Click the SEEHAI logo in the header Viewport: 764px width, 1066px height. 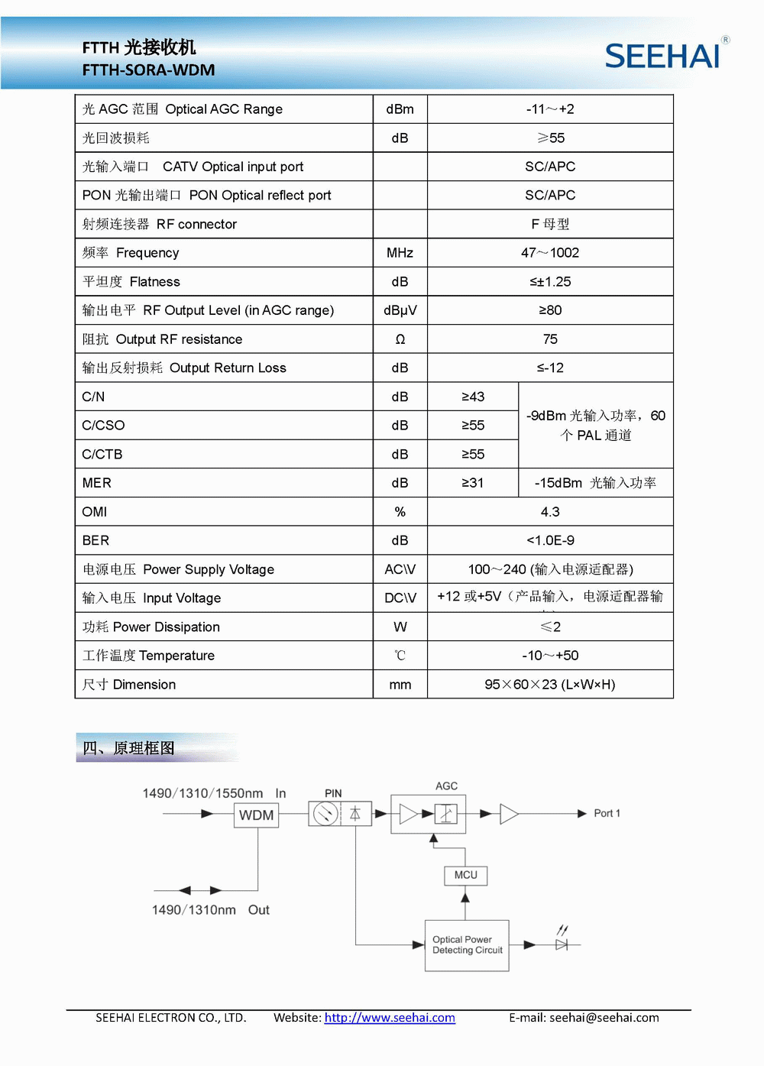pos(662,56)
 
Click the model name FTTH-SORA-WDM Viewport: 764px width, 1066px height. pos(148,70)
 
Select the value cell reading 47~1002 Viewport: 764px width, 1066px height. pos(550,253)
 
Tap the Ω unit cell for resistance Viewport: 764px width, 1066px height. pos(400,339)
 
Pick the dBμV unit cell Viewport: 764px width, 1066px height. pos(400,310)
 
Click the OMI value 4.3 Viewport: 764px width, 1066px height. pos(550,512)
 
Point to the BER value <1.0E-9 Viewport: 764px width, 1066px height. pos(550,540)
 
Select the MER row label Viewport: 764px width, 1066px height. pos(97,483)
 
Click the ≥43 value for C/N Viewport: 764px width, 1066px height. pos(473,397)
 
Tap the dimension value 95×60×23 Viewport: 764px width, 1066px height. pos(550,685)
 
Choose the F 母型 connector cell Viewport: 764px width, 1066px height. pos(550,224)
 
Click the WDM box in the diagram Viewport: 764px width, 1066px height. pos(256,815)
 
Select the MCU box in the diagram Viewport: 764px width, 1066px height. pos(465,875)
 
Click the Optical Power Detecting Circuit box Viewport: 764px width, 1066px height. pos(467,945)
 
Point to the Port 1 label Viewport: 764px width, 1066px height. pos(607,813)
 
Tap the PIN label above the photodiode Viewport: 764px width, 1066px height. pos(333,793)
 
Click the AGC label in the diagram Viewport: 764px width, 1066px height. pos(446,786)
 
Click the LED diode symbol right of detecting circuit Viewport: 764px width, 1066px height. pos(562,944)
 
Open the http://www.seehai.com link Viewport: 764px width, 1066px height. pos(390,1018)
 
